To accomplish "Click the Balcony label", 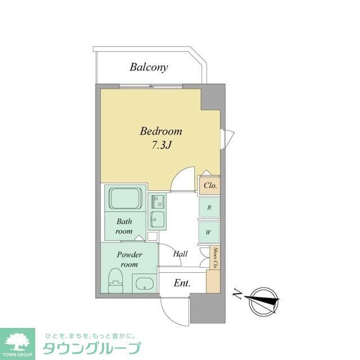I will (x=148, y=67).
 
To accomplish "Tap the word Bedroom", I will (x=161, y=132).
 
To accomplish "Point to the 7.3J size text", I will (x=161, y=145).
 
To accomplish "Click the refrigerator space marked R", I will (x=209, y=208).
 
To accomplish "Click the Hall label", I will (x=180, y=254).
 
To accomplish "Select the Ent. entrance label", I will (x=181, y=283).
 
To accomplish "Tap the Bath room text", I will (x=124, y=226).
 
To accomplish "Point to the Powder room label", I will (x=129, y=259).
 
